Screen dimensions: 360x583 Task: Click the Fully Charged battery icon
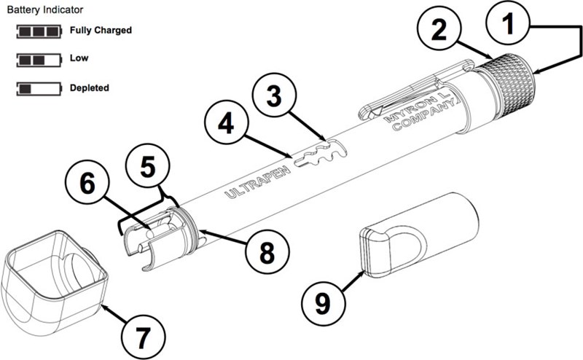(x=38, y=31)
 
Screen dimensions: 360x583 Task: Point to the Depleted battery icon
(x=38, y=88)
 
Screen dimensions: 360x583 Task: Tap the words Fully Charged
(x=101, y=31)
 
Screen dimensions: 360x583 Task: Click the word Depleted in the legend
(x=90, y=88)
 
